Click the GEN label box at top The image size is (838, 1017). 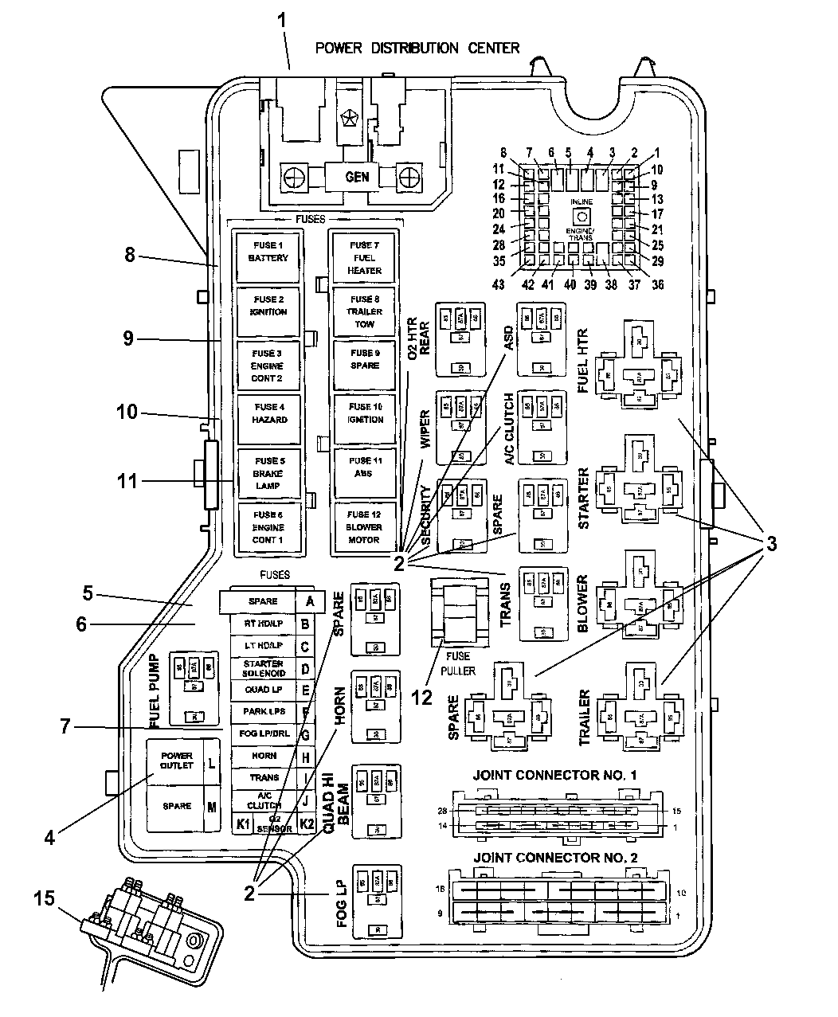pyautogui.click(x=357, y=176)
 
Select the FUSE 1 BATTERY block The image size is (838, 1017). pyautogui.click(x=268, y=257)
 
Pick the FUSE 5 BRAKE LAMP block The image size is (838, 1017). pyautogui.click(x=269, y=473)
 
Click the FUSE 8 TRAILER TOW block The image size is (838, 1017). pyautogui.click(x=364, y=311)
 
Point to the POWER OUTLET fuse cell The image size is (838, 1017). pyautogui.click(x=177, y=761)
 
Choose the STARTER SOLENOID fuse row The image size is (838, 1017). pyautogui.click(x=263, y=668)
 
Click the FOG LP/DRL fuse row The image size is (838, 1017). pyautogui.click(x=263, y=733)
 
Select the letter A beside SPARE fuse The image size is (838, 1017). pyautogui.click(x=310, y=601)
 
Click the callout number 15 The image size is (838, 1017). pyautogui.click(x=45, y=898)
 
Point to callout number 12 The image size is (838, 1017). pyautogui.click(x=421, y=698)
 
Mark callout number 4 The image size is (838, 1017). pyautogui.click(x=49, y=838)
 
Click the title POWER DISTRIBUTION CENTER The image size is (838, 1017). pyautogui.click(x=417, y=48)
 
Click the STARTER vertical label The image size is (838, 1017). pyautogui.click(x=584, y=499)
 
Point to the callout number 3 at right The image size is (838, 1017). pyautogui.click(x=771, y=545)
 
